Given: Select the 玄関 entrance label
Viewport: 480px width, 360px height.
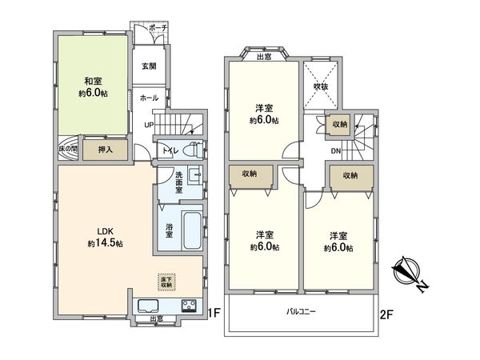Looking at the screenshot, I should click(149, 66).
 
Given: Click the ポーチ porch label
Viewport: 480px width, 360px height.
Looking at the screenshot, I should click(158, 26).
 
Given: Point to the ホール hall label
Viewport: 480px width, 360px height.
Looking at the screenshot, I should click(149, 97).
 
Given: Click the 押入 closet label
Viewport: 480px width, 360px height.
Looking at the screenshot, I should click(105, 149).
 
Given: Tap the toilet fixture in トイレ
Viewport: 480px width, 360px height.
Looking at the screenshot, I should click(192, 150).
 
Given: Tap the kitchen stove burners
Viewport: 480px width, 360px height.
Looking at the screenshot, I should click(189, 306).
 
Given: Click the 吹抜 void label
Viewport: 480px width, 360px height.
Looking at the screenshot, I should click(321, 85).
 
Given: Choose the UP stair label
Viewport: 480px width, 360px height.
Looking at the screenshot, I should click(149, 126).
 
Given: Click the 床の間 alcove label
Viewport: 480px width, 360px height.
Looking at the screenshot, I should click(67, 150).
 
